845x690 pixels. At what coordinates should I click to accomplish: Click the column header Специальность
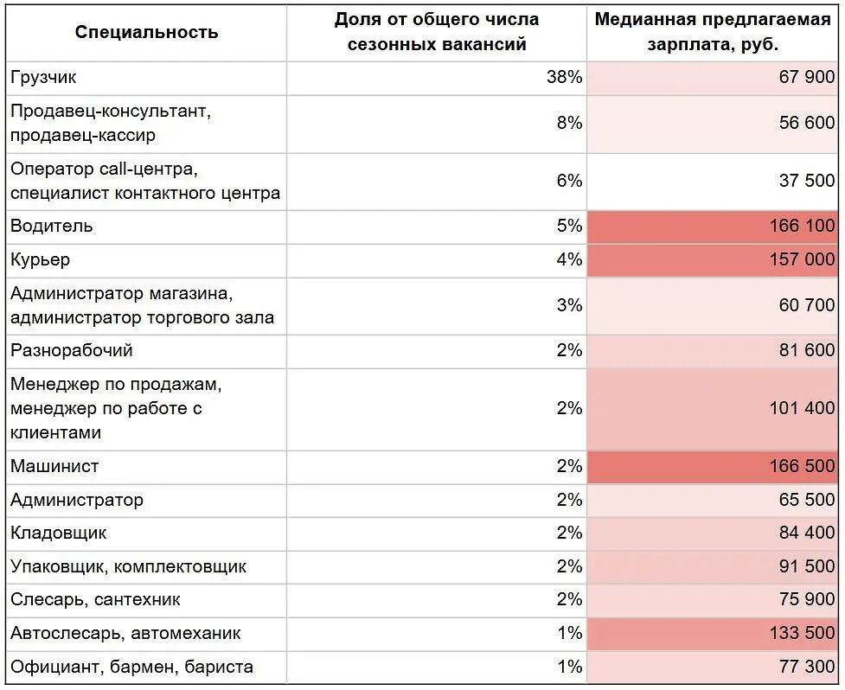pyautogui.click(x=146, y=33)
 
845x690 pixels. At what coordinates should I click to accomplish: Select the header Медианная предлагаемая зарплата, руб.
pyautogui.click(x=712, y=32)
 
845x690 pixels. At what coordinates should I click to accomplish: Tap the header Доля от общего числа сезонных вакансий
pyautogui.click(x=436, y=32)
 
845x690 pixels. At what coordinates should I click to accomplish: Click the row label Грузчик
pyautogui.click(x=43, y=78)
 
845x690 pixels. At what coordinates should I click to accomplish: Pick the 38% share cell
pyautogui.click(x=564, y=78)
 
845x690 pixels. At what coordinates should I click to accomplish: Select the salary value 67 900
pyautogui.click(x=807, y=78)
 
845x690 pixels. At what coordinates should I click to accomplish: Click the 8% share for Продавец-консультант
pyautogui.click(x=569, y=124)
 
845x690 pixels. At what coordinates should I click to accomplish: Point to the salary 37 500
pyautogui.click(x=807, y=182)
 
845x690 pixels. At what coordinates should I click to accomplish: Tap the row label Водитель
pyautogui.click(x=51, y=227)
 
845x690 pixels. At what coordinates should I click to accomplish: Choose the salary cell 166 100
pyautogui.click(x=802, y=227)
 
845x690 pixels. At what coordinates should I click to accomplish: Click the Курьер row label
pyautogui.click(x=40, y=260)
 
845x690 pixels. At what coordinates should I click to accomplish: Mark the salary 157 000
pyautogui.click(x=802, y=260)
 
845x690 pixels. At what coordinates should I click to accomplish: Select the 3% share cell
pyautogui.click(x=569, y=305)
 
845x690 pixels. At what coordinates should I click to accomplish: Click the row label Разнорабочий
pyautogui.click(x=71, y=351)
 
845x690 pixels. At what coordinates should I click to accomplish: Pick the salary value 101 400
pyautogui.click(x=802, y=408)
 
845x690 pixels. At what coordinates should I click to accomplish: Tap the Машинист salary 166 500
pyautogui.click(x=802, y=466)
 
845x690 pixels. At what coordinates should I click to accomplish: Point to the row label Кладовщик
pyautogui.click(x=59, y=533)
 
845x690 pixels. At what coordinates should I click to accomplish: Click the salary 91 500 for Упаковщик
pyautogui.click(x=807, y=567)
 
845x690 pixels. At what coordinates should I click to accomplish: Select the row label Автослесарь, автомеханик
pyautogui.click(x=125, y=634)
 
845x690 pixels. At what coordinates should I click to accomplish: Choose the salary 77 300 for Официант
pyautogui.click(x=807, y=668)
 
